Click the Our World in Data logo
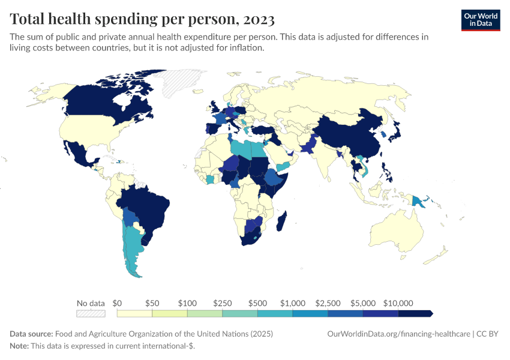click(x=480, y=20)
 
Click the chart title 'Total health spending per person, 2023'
click(x=142, y=19)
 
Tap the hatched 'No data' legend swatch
click(x=91, y=313)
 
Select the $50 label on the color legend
click(x=152, y=303)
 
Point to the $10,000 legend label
click(x=398, y=303)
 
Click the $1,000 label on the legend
click(x=293, y=303)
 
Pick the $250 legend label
click(x=223, y=303)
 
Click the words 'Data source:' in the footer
click(x=31, y=334)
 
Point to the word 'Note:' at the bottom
click(x=20, y=346)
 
